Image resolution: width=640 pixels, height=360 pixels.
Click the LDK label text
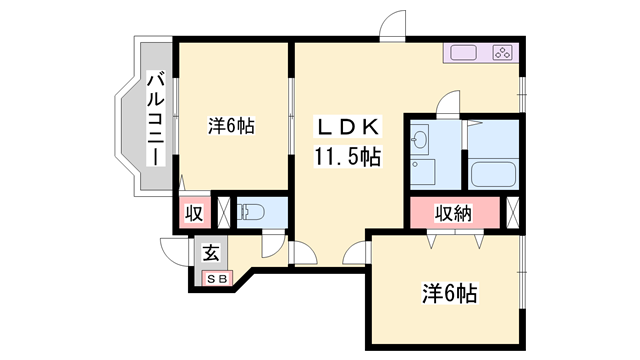click(x=347, y=128)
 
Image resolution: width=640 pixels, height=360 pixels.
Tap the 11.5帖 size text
click(x=348, y=156)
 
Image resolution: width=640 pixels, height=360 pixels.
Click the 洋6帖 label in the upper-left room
click(x=231, y=127)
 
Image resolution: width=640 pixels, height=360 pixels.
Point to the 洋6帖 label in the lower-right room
click(x=449, y=293)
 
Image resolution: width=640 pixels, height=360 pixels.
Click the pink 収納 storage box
click(x=452, y=213)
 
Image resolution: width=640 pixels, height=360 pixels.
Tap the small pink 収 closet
click(x=194, y=213)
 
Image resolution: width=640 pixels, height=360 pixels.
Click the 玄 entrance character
click(x=212, y=253)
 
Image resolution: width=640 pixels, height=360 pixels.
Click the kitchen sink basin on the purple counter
click(x=464, y=54)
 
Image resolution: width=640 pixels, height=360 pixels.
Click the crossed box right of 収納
click(x=514, y=212)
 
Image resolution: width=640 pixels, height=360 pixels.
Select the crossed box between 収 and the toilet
click(x=224, y=212)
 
